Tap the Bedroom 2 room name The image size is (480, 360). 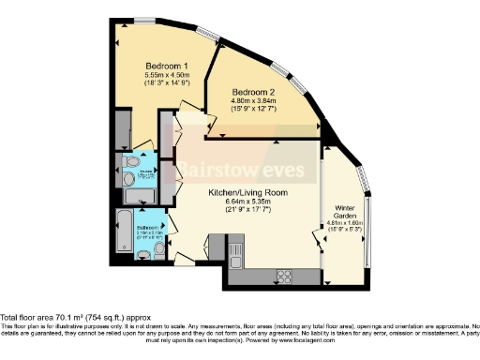click(254, 91)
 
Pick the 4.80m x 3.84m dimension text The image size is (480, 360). click(254, 101)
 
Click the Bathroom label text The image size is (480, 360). click(149, 227)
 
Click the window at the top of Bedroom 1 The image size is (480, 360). click(144, 20)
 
